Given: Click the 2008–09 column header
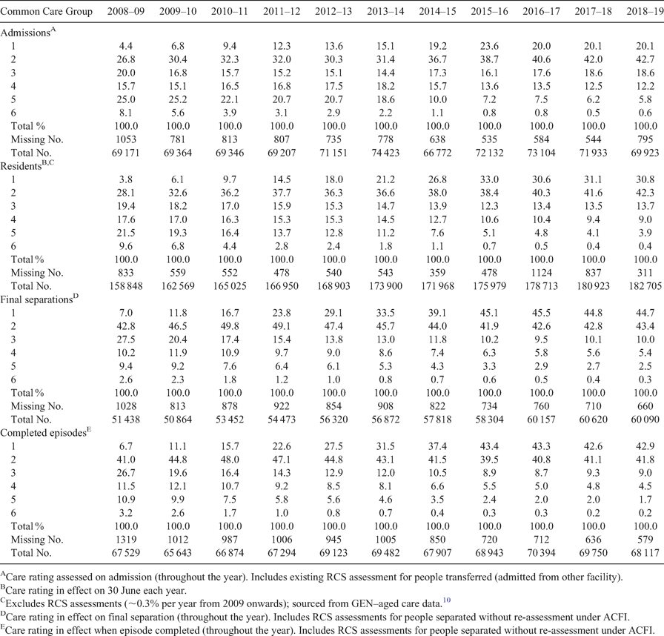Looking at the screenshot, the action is point(126,11).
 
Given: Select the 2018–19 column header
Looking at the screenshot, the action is point(645,11).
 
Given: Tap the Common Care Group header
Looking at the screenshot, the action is point(46,11).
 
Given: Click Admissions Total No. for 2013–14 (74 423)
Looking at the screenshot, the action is point(385,153).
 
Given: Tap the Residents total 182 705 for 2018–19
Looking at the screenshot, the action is point(645,286).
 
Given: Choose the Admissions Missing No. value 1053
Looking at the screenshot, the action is point(126,139).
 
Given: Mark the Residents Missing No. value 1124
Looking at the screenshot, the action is point(541,273).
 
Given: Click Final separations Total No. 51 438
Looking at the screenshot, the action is point(126,420).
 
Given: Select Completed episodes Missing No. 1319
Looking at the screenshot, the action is point(126,540).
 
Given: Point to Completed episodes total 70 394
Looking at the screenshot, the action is point(541,552).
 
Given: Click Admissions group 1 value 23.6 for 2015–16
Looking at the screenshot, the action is point(489,46).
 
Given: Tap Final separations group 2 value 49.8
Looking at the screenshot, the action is point(230,326).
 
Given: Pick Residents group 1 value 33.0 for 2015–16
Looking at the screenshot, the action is point(489,179).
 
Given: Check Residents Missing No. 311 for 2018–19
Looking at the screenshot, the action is point(645,273).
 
